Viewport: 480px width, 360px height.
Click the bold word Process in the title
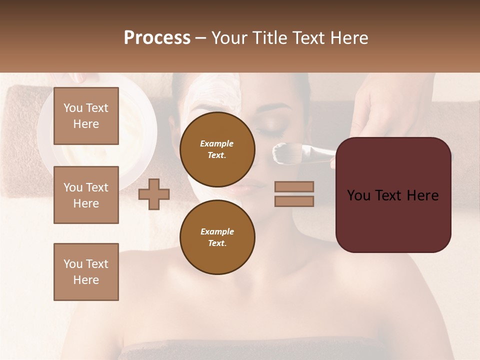click(x=157, y=38)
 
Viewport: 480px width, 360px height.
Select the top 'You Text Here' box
click(x=86, y=116)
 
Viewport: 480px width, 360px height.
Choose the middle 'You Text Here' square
click(x=86, y=195)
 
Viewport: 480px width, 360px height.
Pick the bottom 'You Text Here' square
click(x=86, y=271)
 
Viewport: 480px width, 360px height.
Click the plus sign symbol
click(x=154, y=193)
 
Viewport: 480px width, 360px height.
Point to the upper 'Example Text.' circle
click(x=217, y=149)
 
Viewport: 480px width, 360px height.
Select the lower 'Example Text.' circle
click(x=217, y=237)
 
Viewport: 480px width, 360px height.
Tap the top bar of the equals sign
click(x=294, y=186)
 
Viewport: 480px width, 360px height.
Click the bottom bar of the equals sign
click(x=294, y=201)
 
